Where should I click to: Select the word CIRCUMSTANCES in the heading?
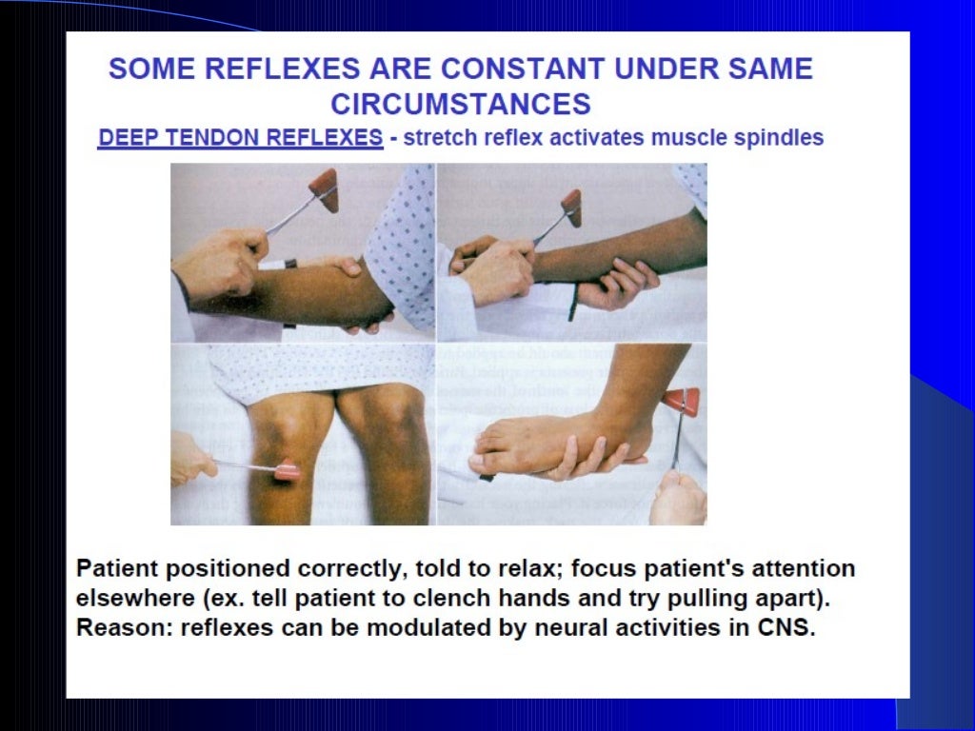461,103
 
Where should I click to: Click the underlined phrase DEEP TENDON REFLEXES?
241,138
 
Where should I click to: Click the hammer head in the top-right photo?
571,206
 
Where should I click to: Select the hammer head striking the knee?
287,470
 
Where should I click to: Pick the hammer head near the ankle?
681,401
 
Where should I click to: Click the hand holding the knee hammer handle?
190,459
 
